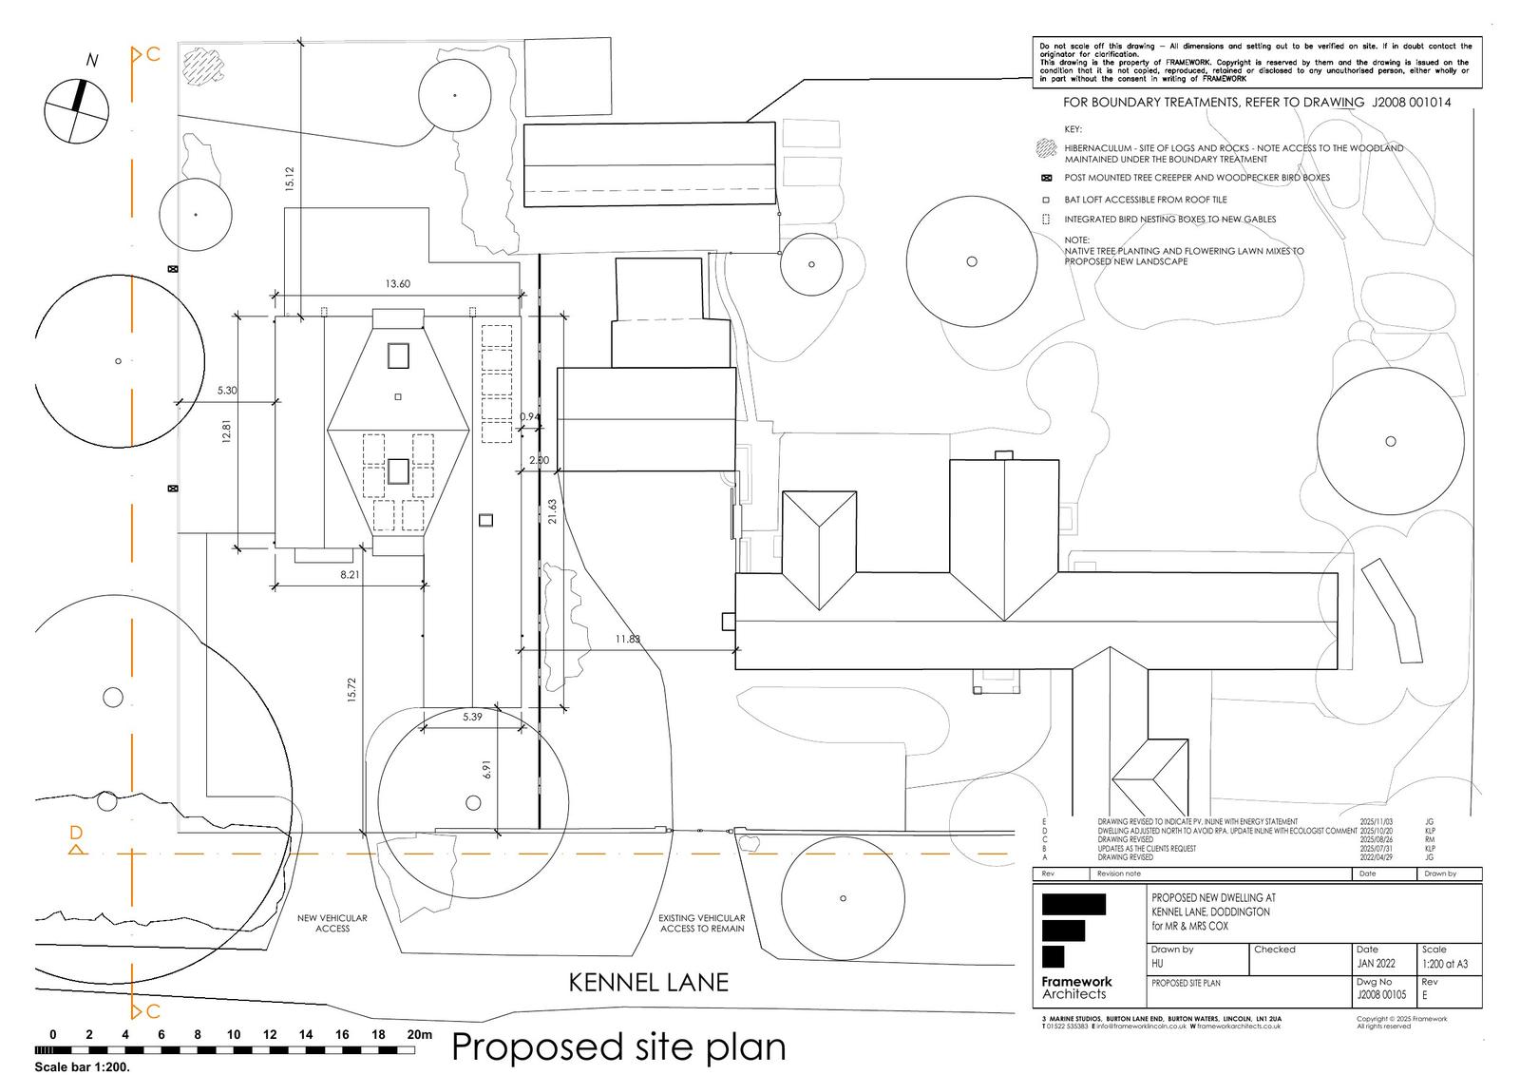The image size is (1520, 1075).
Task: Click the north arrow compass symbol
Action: (x=76, y=109)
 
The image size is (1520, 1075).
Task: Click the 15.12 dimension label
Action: (x=290, y=180)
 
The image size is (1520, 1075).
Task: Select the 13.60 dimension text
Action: (x=398, y=284)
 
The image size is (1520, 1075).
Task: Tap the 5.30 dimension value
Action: (x=227, y=391)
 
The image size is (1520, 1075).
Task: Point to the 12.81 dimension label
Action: (x=227, y=432)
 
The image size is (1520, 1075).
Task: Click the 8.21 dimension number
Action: (x=351, y=575)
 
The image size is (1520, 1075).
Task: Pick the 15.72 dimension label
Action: (x=351, y=690)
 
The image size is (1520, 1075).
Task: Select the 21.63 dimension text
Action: (x=552, y=511)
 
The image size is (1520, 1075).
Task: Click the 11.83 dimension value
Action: (x=628, y=639)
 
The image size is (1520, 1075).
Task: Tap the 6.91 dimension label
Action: (x=486, y=769)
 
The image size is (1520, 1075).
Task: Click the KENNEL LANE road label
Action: (x=649, y=983)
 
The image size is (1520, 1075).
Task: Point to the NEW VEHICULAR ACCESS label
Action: (x=332, y=923)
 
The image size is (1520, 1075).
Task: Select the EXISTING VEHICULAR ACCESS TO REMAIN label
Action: (x=702, y=923)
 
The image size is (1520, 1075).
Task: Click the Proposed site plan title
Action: (x=618, y=1046)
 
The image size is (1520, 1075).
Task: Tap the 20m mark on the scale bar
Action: (x=419, y=1035)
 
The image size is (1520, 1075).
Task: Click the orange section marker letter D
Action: (x=77, y=834)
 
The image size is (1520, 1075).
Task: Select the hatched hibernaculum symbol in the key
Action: (x=1047, y=148)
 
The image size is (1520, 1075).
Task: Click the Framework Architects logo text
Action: (x=1075, y=988)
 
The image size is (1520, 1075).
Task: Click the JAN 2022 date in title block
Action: (x=1377, y=964)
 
